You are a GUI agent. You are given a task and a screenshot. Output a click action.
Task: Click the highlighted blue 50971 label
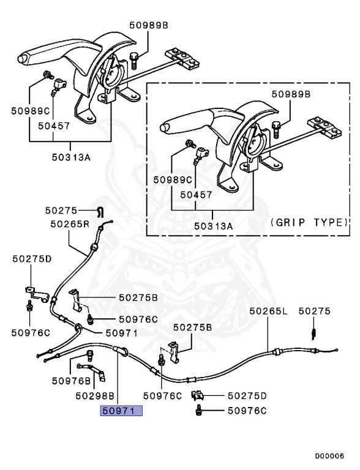[x=121, y=411]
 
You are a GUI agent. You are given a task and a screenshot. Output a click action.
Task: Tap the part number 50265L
[x=268, y=311]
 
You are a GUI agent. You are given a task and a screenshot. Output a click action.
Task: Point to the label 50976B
[x=71, y=380]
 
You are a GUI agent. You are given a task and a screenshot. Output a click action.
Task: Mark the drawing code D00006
[x=329, y=456]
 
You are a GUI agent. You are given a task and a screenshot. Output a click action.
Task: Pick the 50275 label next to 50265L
[x=314, y=311]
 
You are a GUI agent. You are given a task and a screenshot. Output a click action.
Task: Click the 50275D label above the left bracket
[x=32, y=259]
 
